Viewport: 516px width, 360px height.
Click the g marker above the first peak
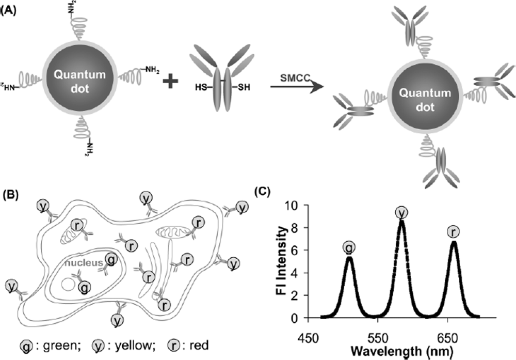pyautogui.click(x=349, y=248)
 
